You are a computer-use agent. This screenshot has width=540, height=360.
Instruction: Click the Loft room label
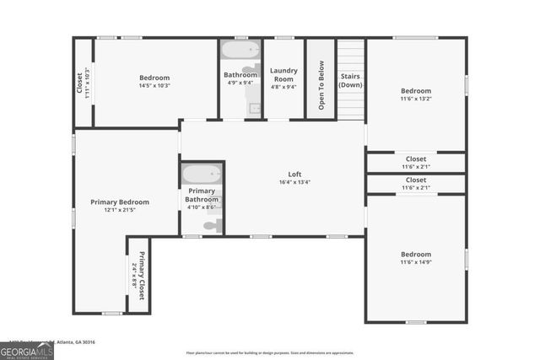click(294, 174)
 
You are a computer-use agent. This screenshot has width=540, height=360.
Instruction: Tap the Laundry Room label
click(283, 74)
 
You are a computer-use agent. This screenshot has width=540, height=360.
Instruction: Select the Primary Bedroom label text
click(120, 201)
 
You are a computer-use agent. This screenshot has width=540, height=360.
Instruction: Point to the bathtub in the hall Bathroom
click(241, 50)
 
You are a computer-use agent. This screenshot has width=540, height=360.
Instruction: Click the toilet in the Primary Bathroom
click(213, 225)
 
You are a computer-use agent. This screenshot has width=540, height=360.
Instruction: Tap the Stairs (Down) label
click(350, 80)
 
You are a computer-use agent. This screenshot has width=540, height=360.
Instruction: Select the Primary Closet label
click(141, 277)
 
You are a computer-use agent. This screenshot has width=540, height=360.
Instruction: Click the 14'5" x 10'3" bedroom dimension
click(154, 85)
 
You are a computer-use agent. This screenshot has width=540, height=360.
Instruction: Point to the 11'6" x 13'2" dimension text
click(415, 99)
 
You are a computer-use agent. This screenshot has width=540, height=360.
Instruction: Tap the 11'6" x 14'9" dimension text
click(415, 262)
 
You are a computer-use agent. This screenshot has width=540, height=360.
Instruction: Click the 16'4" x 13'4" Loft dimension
click(294, 182)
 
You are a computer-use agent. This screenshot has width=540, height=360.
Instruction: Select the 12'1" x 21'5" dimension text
click(120, 210)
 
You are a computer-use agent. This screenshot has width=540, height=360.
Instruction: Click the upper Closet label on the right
click(416, 159)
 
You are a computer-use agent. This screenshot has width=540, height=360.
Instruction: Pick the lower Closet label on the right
click(416, 180)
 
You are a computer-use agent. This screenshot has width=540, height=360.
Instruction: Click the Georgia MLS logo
click(27, 348)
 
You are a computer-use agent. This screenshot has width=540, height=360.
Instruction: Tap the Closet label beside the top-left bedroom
click(80, 83)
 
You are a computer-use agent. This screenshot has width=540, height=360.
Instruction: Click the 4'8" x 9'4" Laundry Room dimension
click(283, 86)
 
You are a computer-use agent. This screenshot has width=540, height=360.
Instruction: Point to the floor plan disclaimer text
click(269, 352)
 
